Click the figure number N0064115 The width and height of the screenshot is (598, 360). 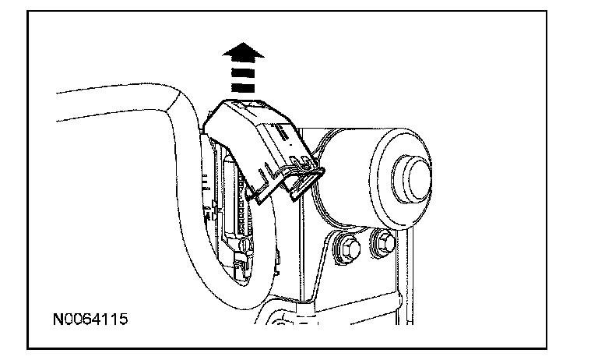pos(90,319)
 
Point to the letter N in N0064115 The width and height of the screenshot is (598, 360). pos(58,319)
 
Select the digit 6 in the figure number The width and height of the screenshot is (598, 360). pos(87,319)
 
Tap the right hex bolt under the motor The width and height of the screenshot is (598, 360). pos(383,243)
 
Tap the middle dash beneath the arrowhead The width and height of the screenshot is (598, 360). pos(242,77)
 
